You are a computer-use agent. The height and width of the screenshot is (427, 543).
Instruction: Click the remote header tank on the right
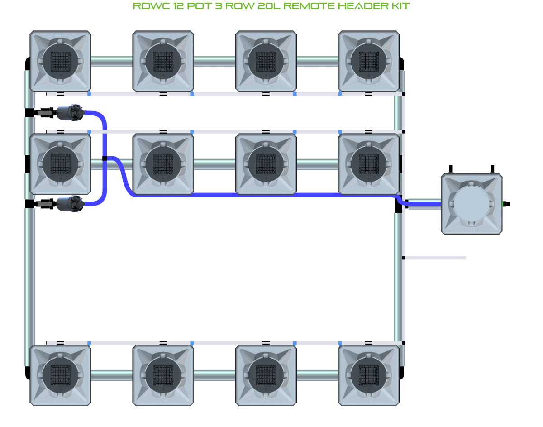[472, 204]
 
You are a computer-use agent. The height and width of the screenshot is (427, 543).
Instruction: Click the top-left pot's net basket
[60, 61]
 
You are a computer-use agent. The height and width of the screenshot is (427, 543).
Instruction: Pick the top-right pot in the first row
[369, 61]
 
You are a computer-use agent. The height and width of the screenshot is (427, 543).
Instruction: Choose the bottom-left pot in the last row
[60, 375]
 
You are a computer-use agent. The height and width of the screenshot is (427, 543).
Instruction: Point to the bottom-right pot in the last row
[369, 375]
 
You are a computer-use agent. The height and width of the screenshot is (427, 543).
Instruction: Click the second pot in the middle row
[163, 163]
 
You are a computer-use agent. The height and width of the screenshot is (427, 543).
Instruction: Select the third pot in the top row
[266, 61]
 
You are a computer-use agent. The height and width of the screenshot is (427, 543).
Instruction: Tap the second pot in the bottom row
[163, 375]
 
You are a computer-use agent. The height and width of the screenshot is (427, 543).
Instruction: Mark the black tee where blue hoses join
[105, 158]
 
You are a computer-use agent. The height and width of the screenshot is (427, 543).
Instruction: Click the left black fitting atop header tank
[451, 169]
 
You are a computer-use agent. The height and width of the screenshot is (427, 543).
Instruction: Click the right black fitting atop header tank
[492, 169]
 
